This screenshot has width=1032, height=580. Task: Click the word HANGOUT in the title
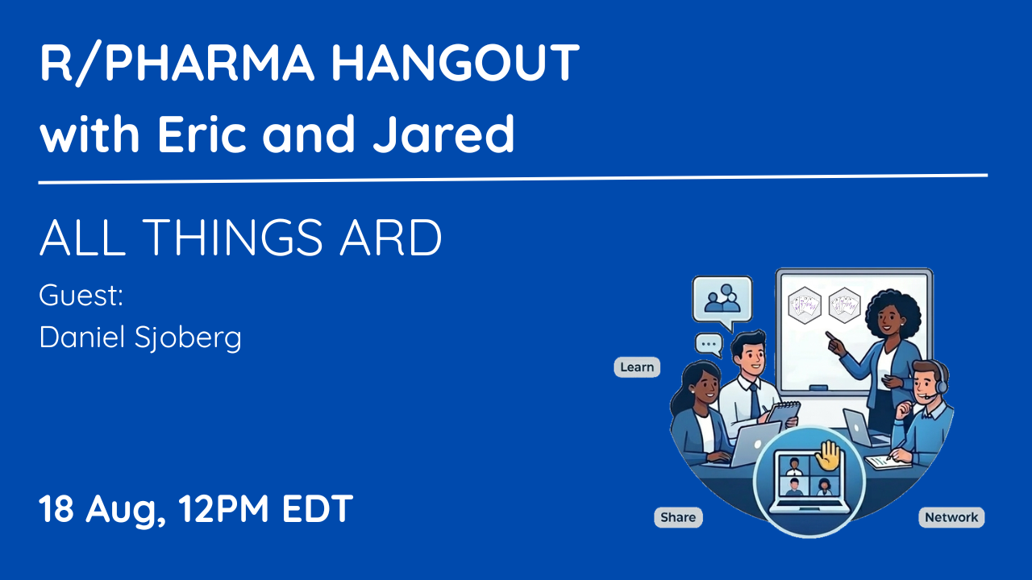[x=456, y=62]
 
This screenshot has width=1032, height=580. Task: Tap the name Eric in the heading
[x=202, y=134]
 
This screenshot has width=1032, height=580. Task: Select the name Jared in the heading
[x=443, y=134]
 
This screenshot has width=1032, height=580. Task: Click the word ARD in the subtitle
[x=391, y=237]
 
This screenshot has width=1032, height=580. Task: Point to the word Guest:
[x=81, y=295]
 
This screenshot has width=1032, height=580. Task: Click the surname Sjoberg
[x=188, y=338]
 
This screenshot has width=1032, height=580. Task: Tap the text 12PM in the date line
[x=223, y=508]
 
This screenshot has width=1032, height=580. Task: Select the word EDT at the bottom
[x=318, y=508]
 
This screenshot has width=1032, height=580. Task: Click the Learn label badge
[x=637, y=367]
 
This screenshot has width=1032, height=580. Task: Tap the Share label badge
[x=678, y=517]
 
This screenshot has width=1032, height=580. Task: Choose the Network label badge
[x=951, y=517]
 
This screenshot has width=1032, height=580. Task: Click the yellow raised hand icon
[x=828, y=456]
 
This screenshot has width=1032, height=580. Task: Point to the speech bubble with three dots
[x=709, y=344]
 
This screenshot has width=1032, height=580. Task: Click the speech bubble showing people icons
[x=722, y=300]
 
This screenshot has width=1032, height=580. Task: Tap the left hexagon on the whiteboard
[x=805, y=304]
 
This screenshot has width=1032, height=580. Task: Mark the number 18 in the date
[x=56, y=508]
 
